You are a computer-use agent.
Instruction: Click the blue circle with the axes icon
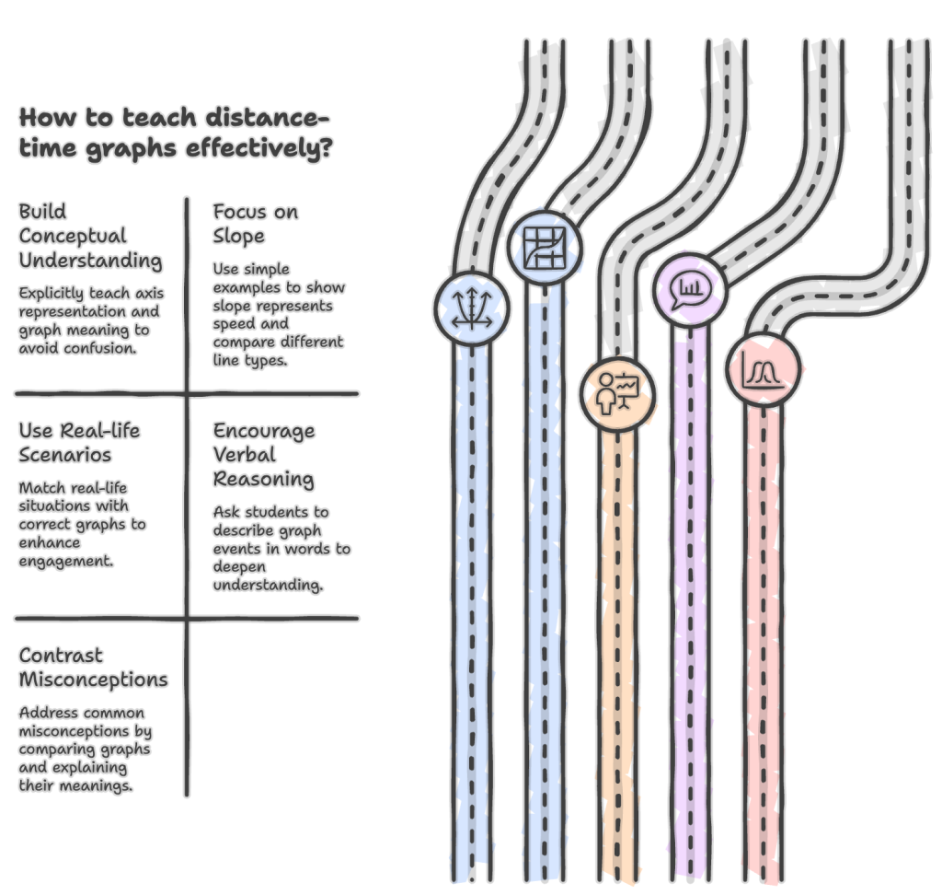click(471, 308)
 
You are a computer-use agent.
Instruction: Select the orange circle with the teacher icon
click(617, 393)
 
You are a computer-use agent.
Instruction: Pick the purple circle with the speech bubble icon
click(690, 291)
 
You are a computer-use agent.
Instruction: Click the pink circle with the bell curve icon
click(764, 369)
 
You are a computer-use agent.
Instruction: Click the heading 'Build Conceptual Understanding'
click(90, 236)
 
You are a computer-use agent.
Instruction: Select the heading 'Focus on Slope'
click(255, 224)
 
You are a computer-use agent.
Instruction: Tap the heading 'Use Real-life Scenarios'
click(79, 442)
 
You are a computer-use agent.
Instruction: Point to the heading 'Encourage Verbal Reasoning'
click(264, 455)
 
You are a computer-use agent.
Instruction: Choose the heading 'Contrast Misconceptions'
click(93, 668)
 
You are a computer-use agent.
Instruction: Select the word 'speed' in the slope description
click(236, 323)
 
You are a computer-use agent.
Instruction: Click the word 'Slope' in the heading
click(239, 236)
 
